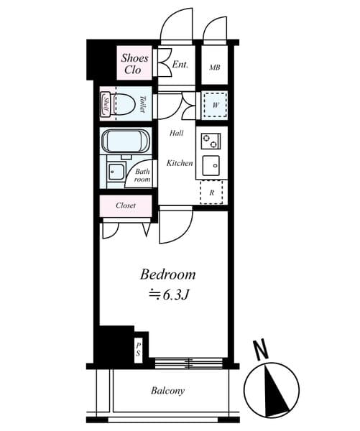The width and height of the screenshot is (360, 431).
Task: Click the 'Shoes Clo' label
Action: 134,63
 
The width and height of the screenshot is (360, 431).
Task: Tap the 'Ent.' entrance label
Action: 180,65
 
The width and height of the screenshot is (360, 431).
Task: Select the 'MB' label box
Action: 214,68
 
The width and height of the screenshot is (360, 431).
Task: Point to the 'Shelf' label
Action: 106,105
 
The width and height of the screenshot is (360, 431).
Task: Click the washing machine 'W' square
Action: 214,105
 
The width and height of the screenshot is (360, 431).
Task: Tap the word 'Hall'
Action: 176,134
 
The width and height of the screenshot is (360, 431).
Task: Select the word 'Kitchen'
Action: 180,163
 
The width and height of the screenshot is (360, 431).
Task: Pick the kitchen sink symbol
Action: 213,164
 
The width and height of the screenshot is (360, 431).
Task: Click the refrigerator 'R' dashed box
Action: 212,192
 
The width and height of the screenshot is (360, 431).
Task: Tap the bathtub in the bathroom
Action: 126,140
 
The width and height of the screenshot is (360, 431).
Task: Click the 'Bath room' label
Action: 142,175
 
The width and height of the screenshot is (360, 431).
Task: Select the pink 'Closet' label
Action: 126,205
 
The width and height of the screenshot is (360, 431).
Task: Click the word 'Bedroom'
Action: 167,274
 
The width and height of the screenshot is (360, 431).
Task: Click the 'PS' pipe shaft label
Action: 139,349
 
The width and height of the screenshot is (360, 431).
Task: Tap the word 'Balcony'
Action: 167,391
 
